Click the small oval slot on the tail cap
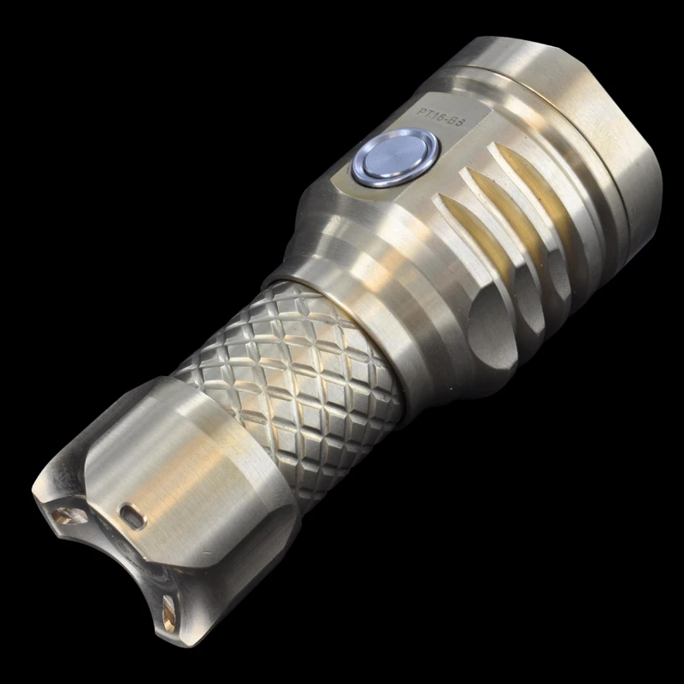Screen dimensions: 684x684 click(x=132, y=514)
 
